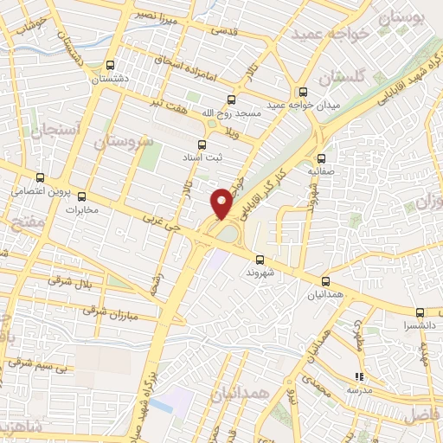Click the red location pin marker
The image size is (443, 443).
[222, 202]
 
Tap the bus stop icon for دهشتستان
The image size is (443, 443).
[109, 65]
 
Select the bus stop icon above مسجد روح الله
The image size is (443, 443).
[230, 100]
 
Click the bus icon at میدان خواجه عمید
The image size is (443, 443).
[302, 92]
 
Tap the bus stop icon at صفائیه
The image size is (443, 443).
[321, 158]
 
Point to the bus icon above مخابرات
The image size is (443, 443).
[82, 196]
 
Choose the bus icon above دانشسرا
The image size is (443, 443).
[419, 312]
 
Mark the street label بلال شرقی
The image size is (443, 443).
[72, 282]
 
